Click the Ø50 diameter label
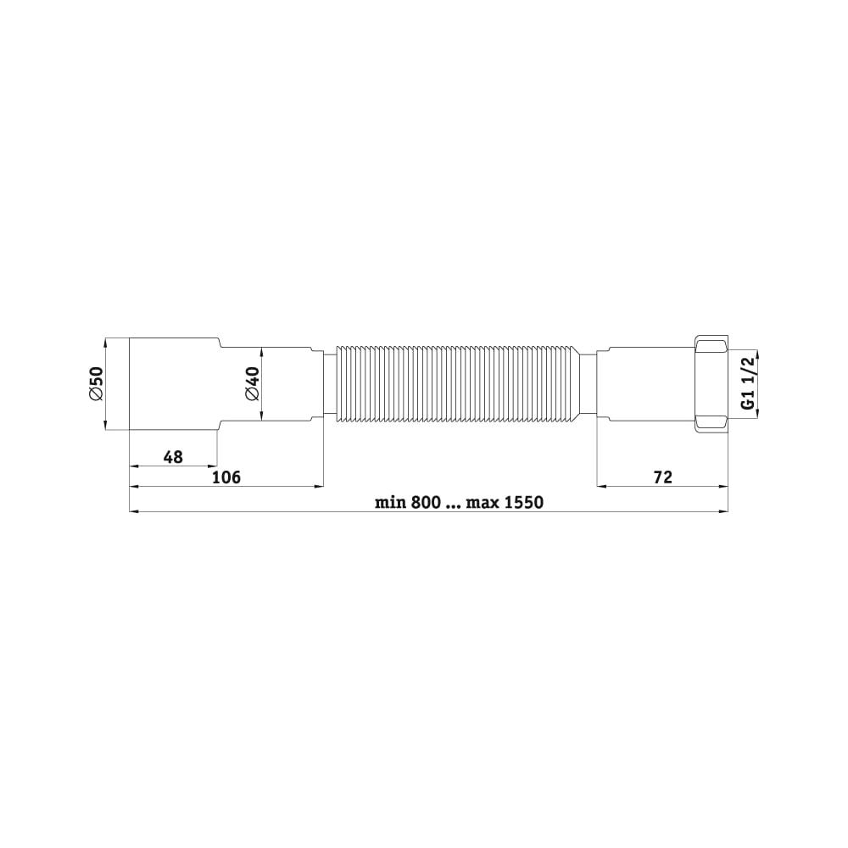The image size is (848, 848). click(97, 384)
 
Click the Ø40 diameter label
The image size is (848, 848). click(253, 384)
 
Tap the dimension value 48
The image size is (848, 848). click(173, 457)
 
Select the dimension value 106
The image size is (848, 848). click(226, 477)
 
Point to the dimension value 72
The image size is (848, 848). click(662, 477)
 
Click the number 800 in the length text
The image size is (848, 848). click(426, 502)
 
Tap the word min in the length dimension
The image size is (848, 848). click(390, 502)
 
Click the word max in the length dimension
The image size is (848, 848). click(483, 502)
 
